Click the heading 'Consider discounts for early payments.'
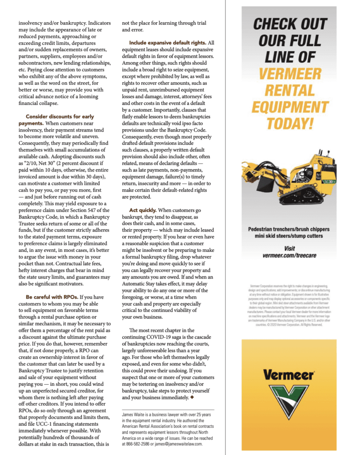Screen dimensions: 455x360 (x=56, y=120)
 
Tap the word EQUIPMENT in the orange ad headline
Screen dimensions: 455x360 (x=289, y=107)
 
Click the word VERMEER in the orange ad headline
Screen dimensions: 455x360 (x=289, y=73)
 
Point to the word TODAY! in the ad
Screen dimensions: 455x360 (x=289, y=123)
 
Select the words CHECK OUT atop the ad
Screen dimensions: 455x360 (x=289, y=24)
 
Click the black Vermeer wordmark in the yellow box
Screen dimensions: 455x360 (x=289, y=374)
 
